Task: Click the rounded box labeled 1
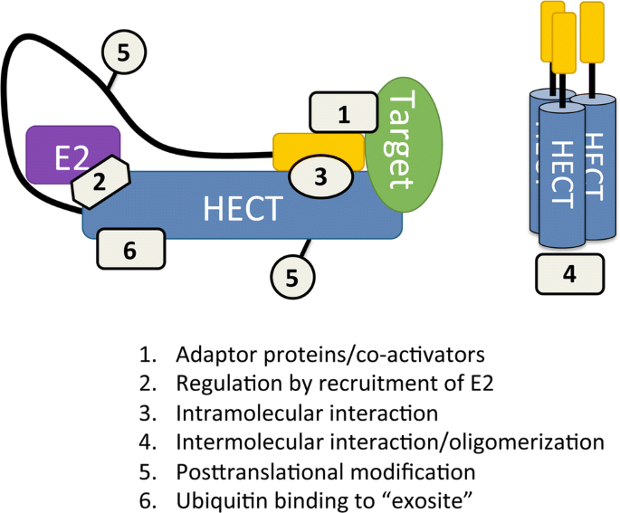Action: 342,114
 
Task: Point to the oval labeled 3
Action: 320,176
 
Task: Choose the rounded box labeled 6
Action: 129,250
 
